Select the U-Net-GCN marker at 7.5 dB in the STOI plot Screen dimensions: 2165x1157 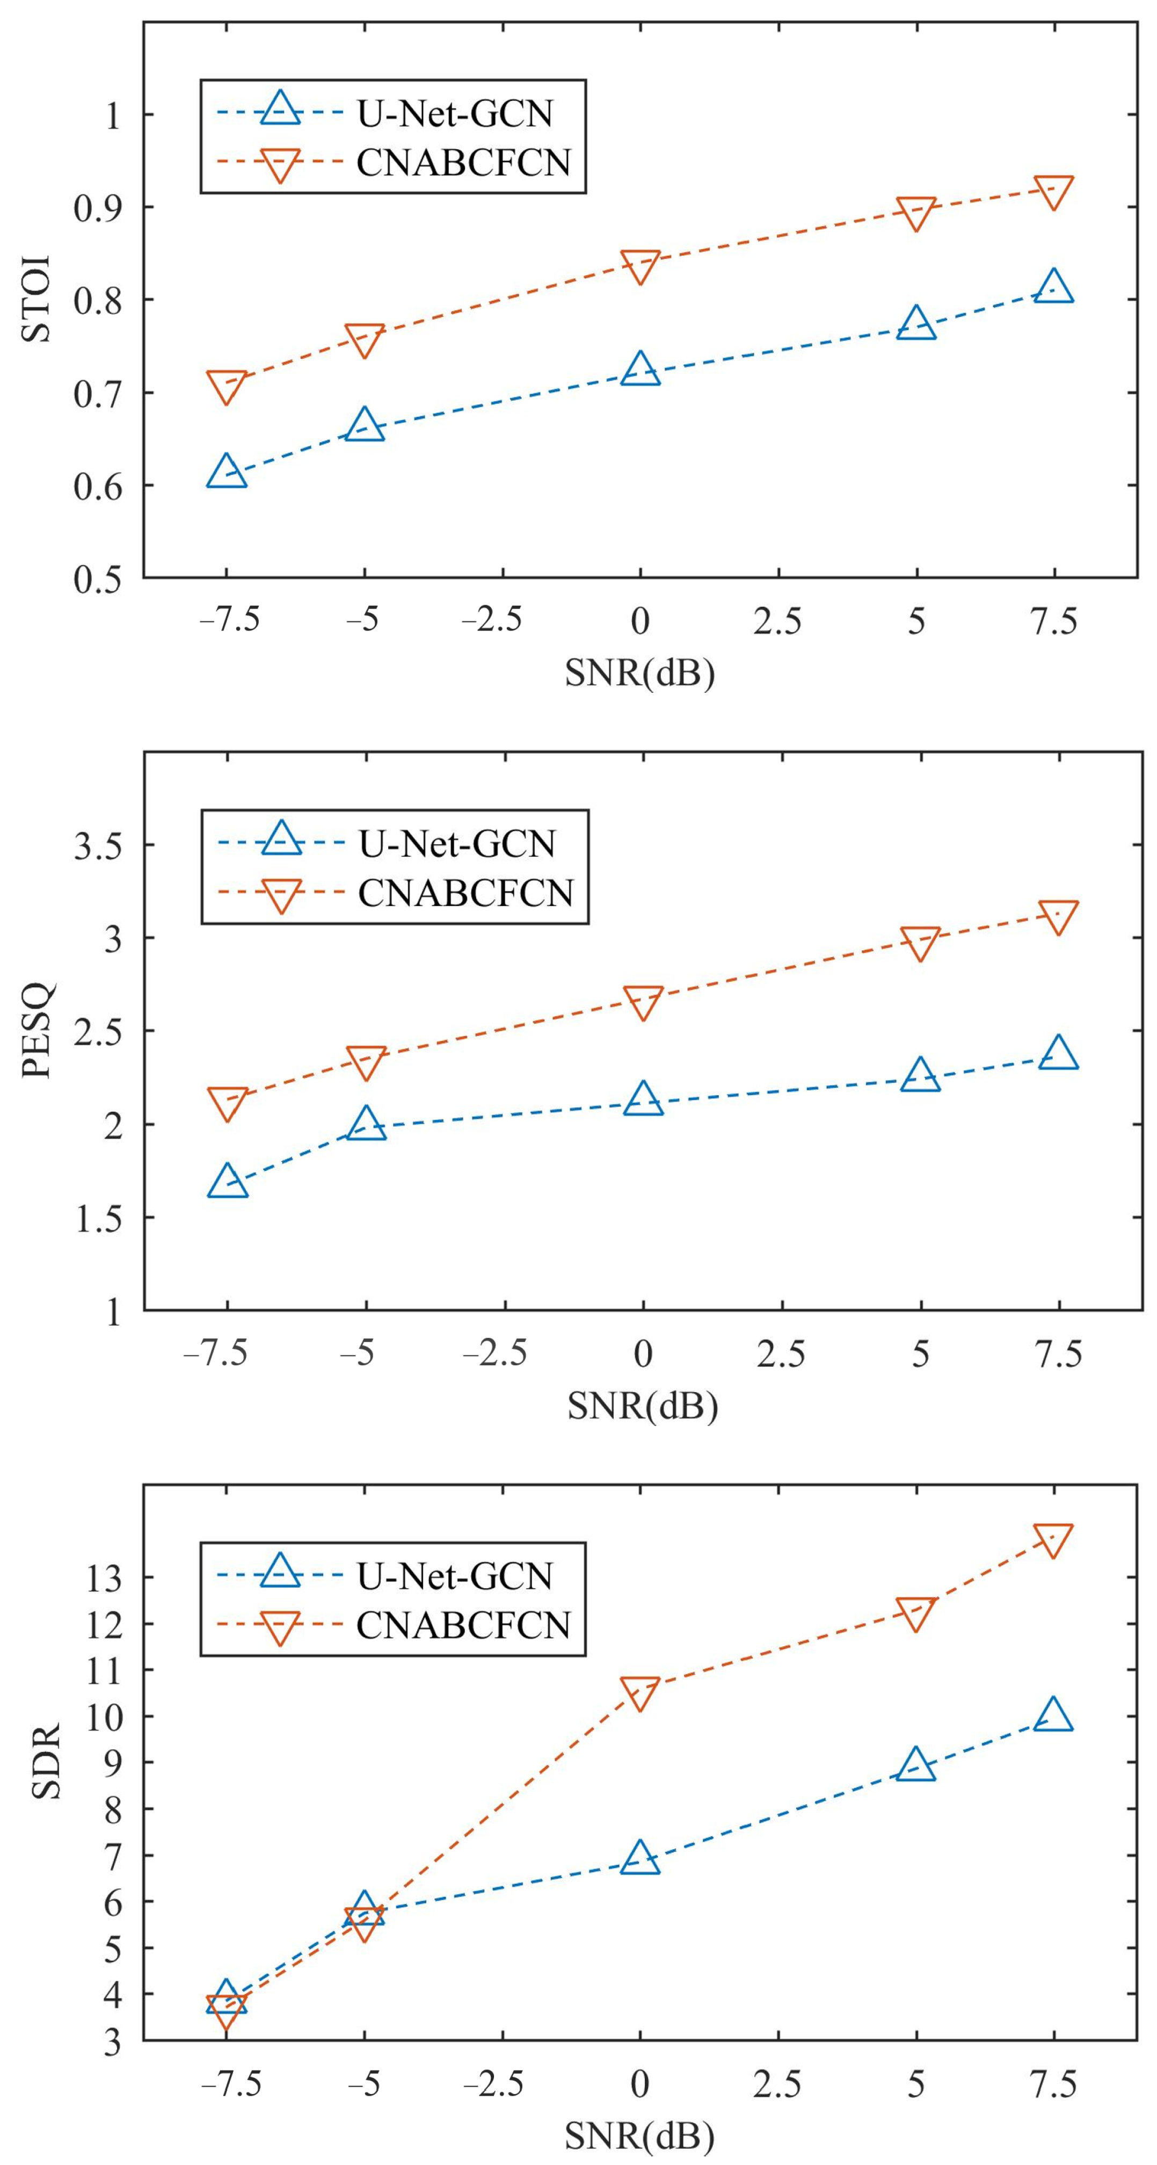(1054, 287)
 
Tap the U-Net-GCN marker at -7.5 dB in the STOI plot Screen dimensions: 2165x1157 (227, 472)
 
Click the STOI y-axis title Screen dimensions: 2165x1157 (37, 299)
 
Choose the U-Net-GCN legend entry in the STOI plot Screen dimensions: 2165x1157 (391, 113)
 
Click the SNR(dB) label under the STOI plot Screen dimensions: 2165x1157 (639, 672)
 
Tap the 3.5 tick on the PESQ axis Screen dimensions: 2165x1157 (98, 845)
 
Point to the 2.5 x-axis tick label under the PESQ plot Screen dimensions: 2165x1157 (781, 1353)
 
